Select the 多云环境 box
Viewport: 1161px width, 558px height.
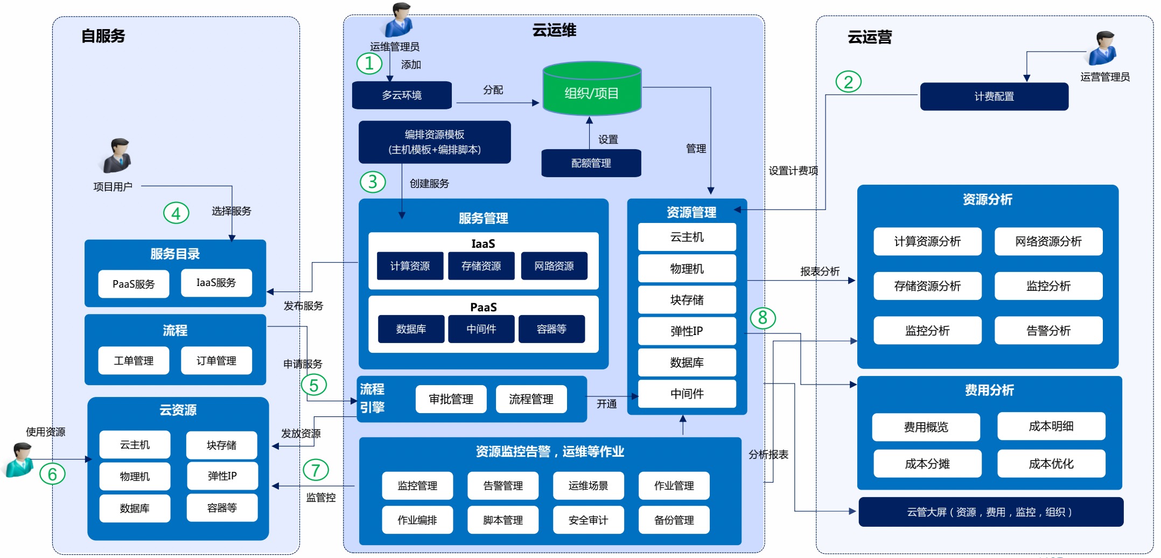pos(402,95)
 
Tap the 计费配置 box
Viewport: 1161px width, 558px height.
pos(994,96)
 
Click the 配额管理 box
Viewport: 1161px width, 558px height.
pos(591,163)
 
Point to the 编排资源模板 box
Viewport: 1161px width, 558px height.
pos(435,142)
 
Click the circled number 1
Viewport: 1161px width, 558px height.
pos(369,64)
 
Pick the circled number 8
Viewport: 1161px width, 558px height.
pos(763,318)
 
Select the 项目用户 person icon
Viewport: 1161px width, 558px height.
pos(117,156)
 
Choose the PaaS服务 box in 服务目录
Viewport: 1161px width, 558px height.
pos(134,284)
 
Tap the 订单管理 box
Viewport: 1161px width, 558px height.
pos(216,360)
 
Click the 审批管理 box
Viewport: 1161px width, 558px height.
pos(451,399)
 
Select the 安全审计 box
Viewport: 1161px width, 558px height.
pos(588,520)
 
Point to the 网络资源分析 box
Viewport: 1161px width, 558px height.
pos(1048,241)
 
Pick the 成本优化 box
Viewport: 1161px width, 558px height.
pos(1051,464)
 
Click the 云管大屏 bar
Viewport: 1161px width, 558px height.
pos(990,512)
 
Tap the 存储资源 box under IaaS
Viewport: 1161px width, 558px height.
pos(481,266)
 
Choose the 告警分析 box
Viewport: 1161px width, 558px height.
pos(1048,330)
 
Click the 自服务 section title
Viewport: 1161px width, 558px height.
pos(103,36)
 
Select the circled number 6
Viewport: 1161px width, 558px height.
pos(52,474)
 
